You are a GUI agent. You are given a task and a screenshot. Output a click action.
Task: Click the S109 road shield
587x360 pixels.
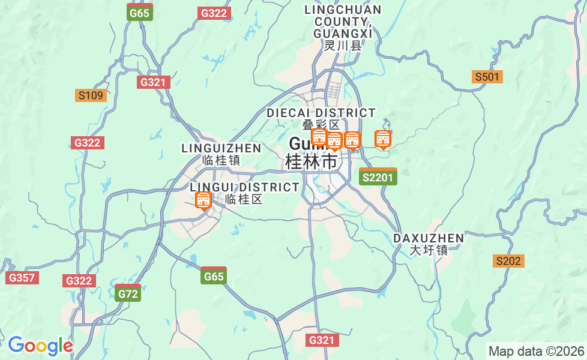[x=91, y=95]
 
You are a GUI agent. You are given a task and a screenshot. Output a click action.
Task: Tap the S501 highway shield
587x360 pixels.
[x=487, y=77]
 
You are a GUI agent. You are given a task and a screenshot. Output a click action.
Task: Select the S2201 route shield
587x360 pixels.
[x=378, y=177]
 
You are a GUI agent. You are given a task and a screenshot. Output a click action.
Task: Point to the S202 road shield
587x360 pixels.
[x=509, y=261]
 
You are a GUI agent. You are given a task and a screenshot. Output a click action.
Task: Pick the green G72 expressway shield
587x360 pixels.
[x=128, y=293]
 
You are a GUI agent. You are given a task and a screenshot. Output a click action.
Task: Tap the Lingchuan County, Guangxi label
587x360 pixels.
[x=343, y=21]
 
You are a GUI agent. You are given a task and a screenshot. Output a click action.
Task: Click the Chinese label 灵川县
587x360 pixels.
[x=343, y=46]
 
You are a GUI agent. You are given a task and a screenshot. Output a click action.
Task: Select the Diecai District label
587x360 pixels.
[x=321, y=113]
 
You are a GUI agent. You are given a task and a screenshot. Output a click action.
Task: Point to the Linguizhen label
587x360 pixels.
[x=221, y=148]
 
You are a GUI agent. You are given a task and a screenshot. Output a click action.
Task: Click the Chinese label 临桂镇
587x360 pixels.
[x=221, y=160]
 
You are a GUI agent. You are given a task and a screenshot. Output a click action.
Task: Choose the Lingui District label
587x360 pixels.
[x=244, y=187]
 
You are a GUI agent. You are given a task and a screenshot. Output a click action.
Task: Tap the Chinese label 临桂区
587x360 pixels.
[x=244, y=200]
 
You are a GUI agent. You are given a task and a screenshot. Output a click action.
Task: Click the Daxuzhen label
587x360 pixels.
[x=429, y=238]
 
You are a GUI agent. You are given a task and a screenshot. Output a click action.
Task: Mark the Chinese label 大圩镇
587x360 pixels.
[x=429, y=250]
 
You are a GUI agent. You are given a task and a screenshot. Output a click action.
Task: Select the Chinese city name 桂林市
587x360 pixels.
[x=311, y=161]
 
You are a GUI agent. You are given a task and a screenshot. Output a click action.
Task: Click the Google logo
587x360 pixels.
[x=40, y=346]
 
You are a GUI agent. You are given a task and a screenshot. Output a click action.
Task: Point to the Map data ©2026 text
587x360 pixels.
[x=536, y=351]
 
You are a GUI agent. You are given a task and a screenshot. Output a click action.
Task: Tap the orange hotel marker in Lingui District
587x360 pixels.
[x=203, y=200]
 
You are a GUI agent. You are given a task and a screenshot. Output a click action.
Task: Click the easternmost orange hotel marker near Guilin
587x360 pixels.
[x=383, y=139]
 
